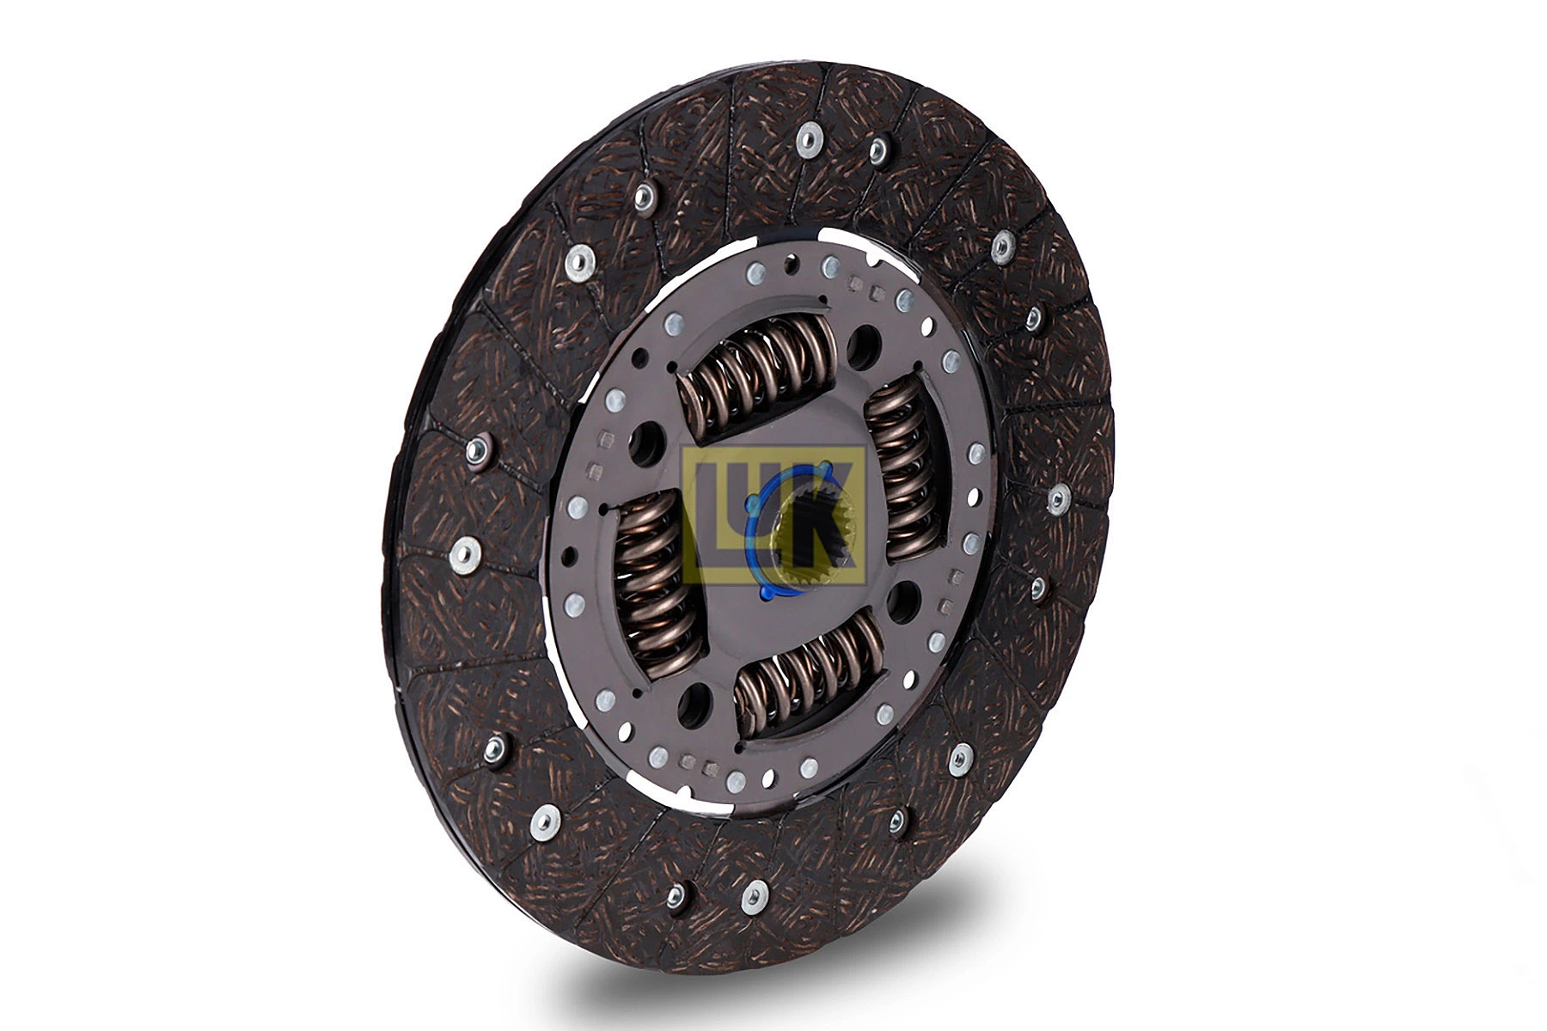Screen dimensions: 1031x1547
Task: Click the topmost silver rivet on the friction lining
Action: coord(808,138)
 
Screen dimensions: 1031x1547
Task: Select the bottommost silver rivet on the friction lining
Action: coord(754,896)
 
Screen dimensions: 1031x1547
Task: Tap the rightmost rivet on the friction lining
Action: coord(1059,497)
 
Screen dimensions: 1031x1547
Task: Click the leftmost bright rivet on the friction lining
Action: coord(465,554)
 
